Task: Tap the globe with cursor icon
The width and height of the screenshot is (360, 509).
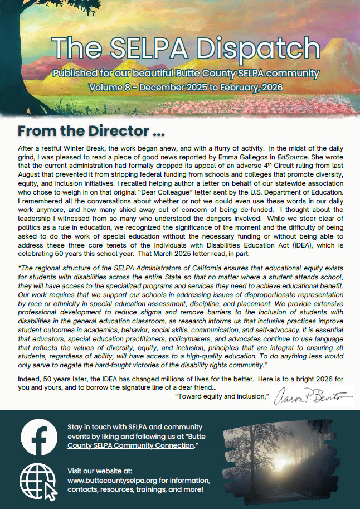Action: coord(38,481)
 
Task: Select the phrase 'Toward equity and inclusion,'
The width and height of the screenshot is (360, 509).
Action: coord(222,397)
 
